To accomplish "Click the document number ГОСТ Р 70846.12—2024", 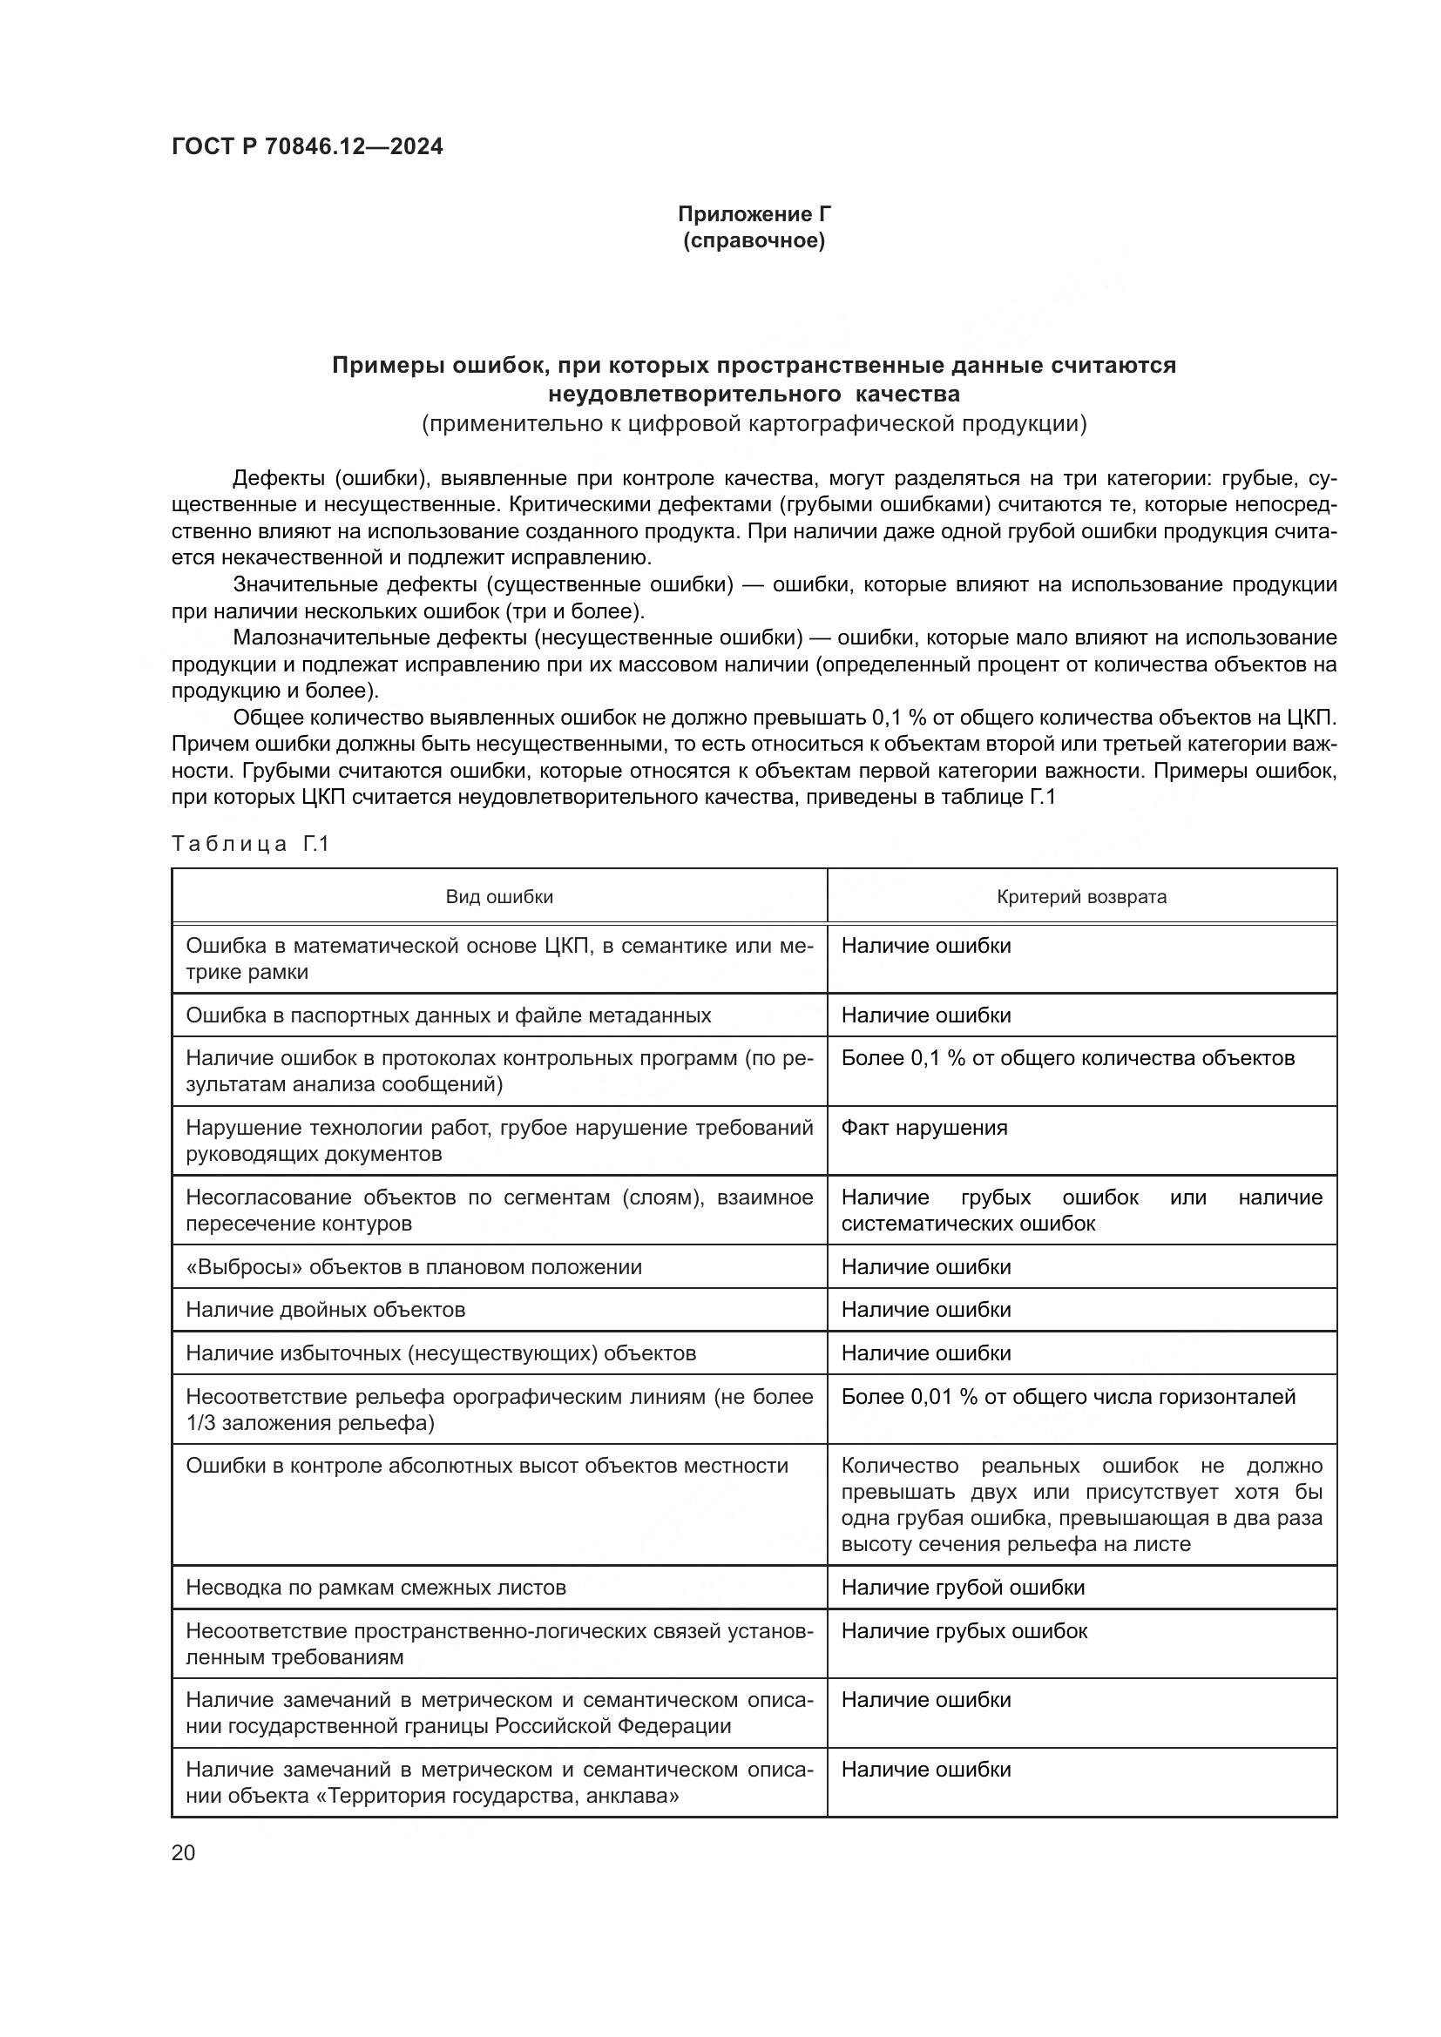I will click(x=307, y=147).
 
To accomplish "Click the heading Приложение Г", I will click(x=754, y=214).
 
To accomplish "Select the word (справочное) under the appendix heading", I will click(x=754, y=241).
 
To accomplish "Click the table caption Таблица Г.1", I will click(x=250, y=844).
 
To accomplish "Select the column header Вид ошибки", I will click(x=498, y=897).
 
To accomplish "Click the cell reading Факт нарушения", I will click(x=923, y=1128).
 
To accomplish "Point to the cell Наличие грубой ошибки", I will click(x=963, y=1588).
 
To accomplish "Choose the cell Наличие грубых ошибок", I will click(x=964, y=1630).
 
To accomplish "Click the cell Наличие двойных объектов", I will click(x=325, y=1310).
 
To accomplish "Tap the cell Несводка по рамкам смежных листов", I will click(x=375, y=1588).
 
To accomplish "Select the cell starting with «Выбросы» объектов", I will click(x=414, y=1267).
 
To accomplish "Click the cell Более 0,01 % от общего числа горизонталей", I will click(x=1067, y=1396).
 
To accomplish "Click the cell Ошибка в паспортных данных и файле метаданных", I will click(x=448, y=1015).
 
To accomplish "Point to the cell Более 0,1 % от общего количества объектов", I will click(x=1067, y=1058).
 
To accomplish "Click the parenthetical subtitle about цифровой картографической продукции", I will click(x=754, y=424).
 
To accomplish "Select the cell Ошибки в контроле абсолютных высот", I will click(x=486, y=1466).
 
